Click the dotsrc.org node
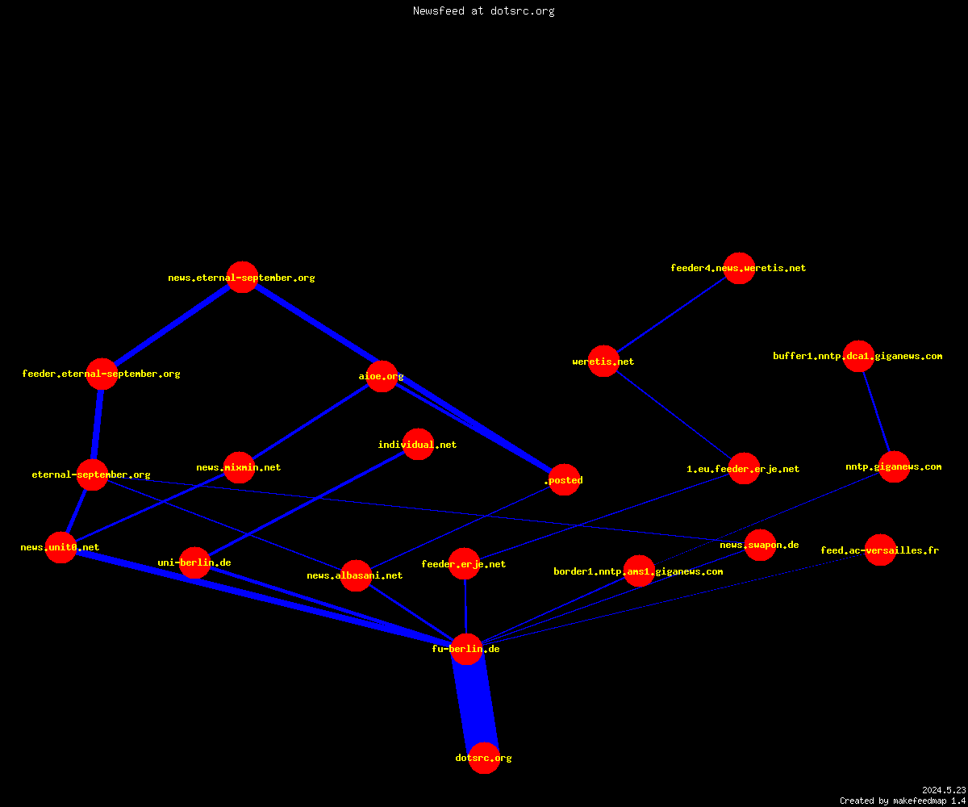(484, 758)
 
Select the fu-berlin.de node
(466, 649)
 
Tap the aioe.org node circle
(382, 376)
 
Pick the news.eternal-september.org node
(242, 278)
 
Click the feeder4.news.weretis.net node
(739, 268)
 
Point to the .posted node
(564, 479)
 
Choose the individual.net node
(418, 445)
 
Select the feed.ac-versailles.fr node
(880, 550)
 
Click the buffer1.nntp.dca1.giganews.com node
(858, 356)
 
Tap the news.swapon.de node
(760, 545)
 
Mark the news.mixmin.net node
(239, 467)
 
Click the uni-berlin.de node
(194, 562)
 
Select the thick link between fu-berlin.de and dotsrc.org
(475, 703)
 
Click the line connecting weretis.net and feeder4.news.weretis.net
(671, 315)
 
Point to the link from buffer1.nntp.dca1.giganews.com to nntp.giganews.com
(876, 412)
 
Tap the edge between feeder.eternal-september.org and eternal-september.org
(97, 424)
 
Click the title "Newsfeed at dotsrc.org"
(483, 10)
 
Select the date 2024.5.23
(944, 790)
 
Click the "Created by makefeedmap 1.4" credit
(903, 801)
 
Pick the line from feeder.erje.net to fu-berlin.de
(465, 606)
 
